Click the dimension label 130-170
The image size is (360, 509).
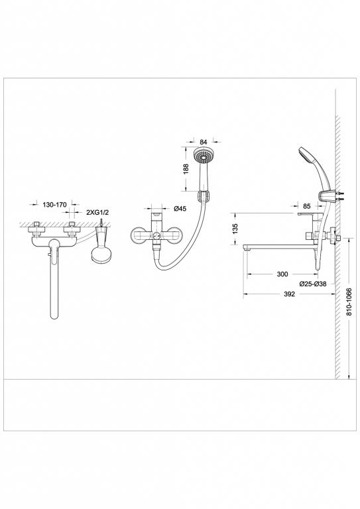click(x=55, y=205)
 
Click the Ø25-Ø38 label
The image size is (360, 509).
click(x=312, y=284)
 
